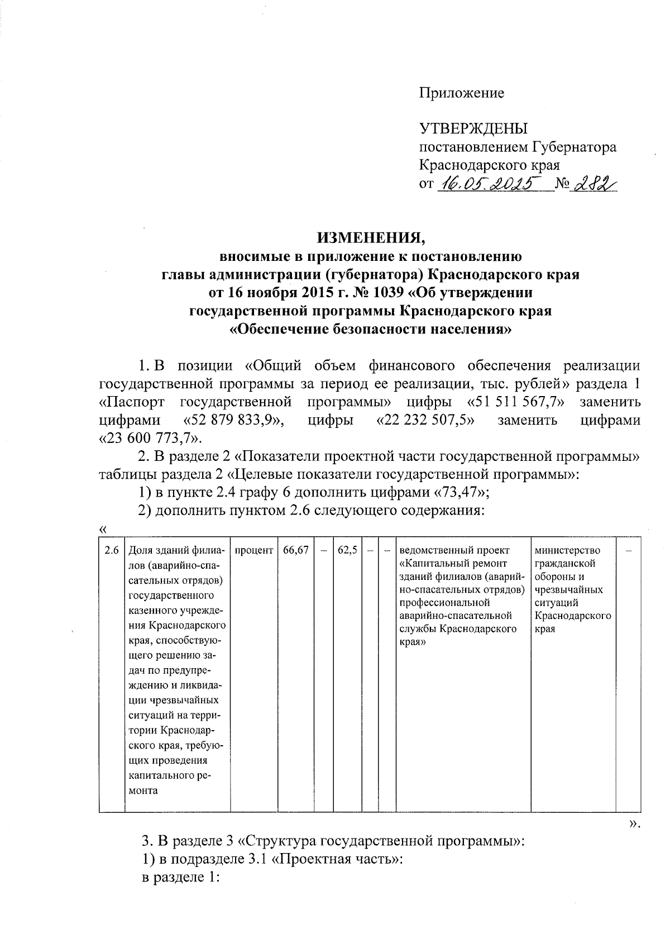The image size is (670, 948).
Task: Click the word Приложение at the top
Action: [x=461, y=93]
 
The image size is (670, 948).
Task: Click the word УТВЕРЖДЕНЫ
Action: [x=473, y=129]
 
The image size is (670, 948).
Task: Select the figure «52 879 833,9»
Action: [x=233, y=420]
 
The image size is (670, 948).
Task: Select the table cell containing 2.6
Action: [x=112, y=551]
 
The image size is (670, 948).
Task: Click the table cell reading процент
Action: [x=254, y=551]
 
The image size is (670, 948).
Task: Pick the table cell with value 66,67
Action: [x=296, y=551]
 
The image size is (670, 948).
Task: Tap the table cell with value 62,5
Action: [x=348, y=551]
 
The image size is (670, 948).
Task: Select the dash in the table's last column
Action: [x=629, y=551]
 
